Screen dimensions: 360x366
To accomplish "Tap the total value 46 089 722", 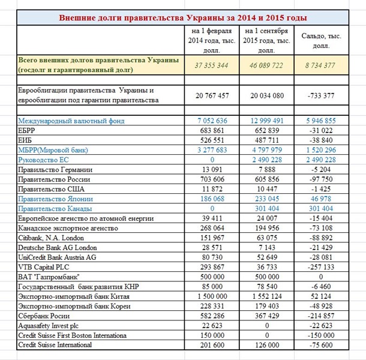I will pos(266,65).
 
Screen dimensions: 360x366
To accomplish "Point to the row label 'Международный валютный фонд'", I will pos(71,121).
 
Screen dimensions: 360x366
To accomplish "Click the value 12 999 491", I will pos(266,121).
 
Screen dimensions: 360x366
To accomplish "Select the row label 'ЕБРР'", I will pos(28,131).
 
